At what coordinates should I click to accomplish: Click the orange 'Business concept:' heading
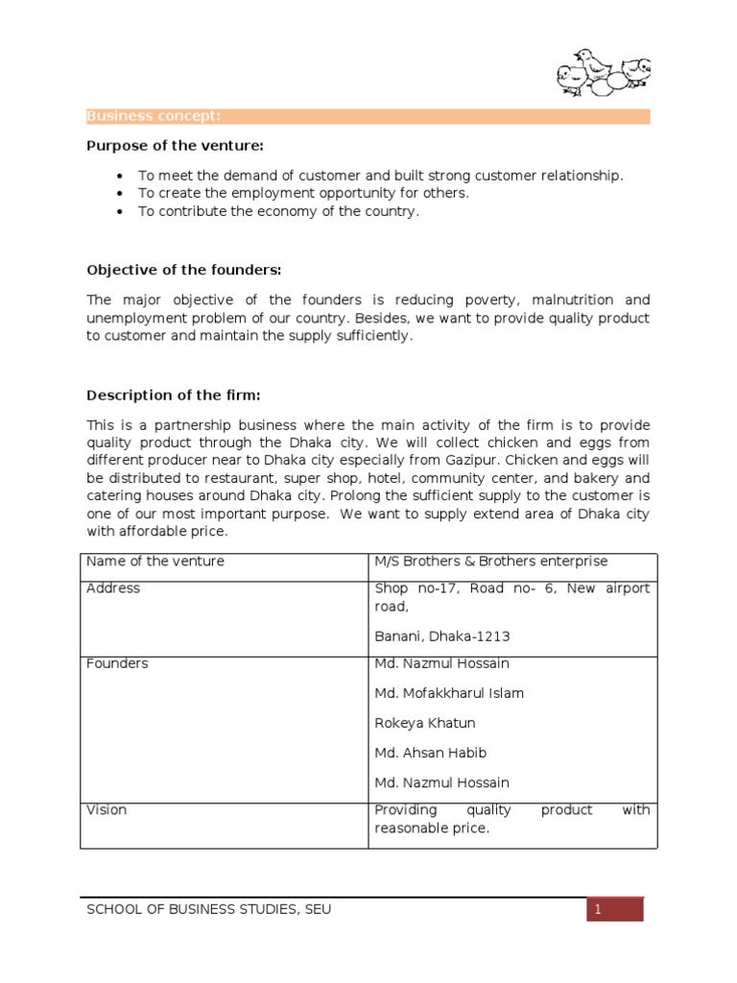(x=154, y=116)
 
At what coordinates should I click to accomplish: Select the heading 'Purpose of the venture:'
(x=175, y=145)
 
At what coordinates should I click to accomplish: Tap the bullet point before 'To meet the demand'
(x=118, y=176)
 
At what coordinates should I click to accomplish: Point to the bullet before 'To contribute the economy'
(x=118, y=212)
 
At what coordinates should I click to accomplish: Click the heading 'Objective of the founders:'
(x=183, y=269)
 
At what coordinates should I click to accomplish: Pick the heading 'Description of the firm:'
(x=174, y=395)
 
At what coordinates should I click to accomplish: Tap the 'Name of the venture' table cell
(x=155, y=562)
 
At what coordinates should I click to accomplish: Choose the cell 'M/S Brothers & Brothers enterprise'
(x=490, y=562)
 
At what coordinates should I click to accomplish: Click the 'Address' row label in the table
(x=113, y=588)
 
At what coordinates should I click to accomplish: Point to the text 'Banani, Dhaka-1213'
(x=442, y=636)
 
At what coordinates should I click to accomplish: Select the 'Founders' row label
(x=117, y=663)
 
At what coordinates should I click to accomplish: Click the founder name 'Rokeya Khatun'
(x=424, y=723)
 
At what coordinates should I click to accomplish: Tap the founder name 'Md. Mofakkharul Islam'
(x=449, y=693)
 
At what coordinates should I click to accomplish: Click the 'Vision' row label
(x=107, y=810)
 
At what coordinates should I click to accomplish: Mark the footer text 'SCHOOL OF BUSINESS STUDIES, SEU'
(x=209, y=909)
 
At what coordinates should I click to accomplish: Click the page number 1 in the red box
(x=597, y=909)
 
